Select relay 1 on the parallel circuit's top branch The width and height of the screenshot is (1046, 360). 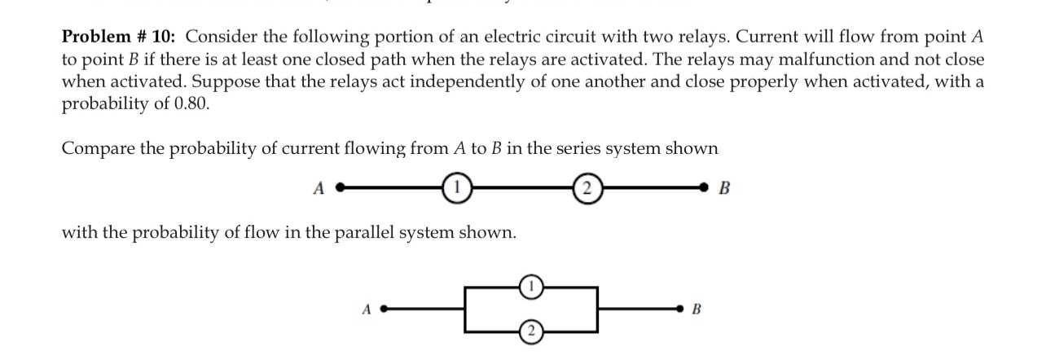[x=531, y=286]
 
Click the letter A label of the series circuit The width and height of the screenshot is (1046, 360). [x=319, y=189]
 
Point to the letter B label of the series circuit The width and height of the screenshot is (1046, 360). [x=727, y=189]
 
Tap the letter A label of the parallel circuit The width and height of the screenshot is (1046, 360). [x=366, y=310]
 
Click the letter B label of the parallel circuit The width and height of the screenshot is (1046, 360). [x=696, y=310]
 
